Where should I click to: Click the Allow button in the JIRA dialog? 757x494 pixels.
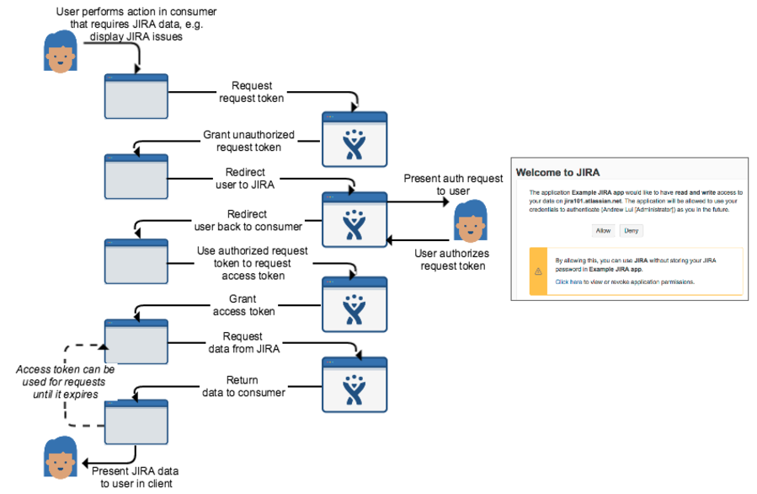(603, 230)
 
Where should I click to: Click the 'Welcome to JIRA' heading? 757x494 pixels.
(558, 173)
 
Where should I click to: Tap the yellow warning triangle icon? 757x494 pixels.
(539, 271)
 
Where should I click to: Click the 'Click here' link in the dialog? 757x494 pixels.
(569, 282)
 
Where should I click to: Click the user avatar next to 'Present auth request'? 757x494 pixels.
(470, 222)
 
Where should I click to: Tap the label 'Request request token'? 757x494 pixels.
(251, 92)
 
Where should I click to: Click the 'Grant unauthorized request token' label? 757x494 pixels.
(242, 141)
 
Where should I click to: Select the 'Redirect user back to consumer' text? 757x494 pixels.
(248, 221)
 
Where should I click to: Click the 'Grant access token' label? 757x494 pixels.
(243, 305)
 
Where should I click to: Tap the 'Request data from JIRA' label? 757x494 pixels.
(244, 342)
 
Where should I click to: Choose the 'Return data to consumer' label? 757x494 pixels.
(243, 386)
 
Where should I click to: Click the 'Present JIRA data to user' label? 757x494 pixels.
(135, 477)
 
